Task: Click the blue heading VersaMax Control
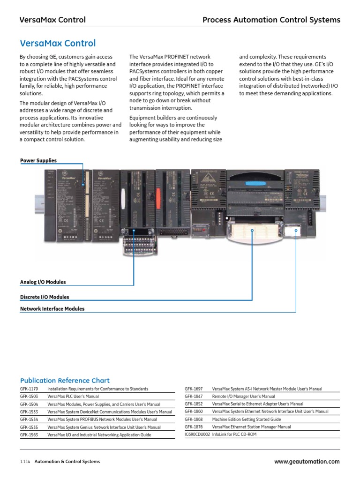coord(58,44)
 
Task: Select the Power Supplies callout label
coord(38,161)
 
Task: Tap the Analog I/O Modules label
coord(43,282)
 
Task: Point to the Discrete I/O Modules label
coord(45,297)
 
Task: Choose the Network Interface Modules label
coord(52,309)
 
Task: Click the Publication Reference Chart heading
coord(65,381)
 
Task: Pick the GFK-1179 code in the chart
coord(29,389)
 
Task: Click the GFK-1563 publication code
coord(29,435)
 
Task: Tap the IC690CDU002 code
coord(197,435)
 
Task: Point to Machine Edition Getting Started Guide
coord(247,420)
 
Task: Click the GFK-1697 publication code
coord(194,389)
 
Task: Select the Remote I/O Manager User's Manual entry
coord(243,397)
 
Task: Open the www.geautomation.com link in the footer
coord(307,462)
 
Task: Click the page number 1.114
coord(25,462)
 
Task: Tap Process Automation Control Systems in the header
coord(271,20)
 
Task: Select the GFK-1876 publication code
coord(194,427)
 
